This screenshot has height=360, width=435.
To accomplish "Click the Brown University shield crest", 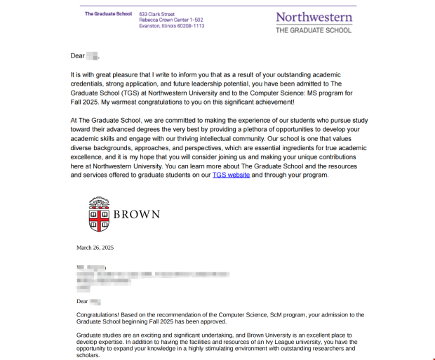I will pyautogui.click(x=100, y=214).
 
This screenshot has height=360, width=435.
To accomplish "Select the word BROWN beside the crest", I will pyautogui.click(x=137, y=215).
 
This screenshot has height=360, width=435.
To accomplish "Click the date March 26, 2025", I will pyautogui.click(x=95, y=248).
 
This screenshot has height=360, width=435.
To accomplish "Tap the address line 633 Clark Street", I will pyautogui.click(x=157, y=14).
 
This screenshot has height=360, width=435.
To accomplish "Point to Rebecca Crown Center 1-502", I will pyautogui.click(x=171, y=20).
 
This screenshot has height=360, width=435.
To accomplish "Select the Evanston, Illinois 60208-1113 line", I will pyautogui.click(x=172, y=26).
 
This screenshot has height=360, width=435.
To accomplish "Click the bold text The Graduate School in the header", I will pyautogui.click(x=108, y=14).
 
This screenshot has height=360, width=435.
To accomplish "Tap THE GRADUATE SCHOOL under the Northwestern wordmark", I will pyautogui.click(x=313, y=30).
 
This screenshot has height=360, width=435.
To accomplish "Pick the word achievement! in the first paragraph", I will pyautogui.click(x=260, y=101).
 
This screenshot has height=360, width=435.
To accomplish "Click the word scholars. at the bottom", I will pyautogui.click(x=88, y=354).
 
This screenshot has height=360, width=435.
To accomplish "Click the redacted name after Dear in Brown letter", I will pyautogui.click(x=96, y=301).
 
